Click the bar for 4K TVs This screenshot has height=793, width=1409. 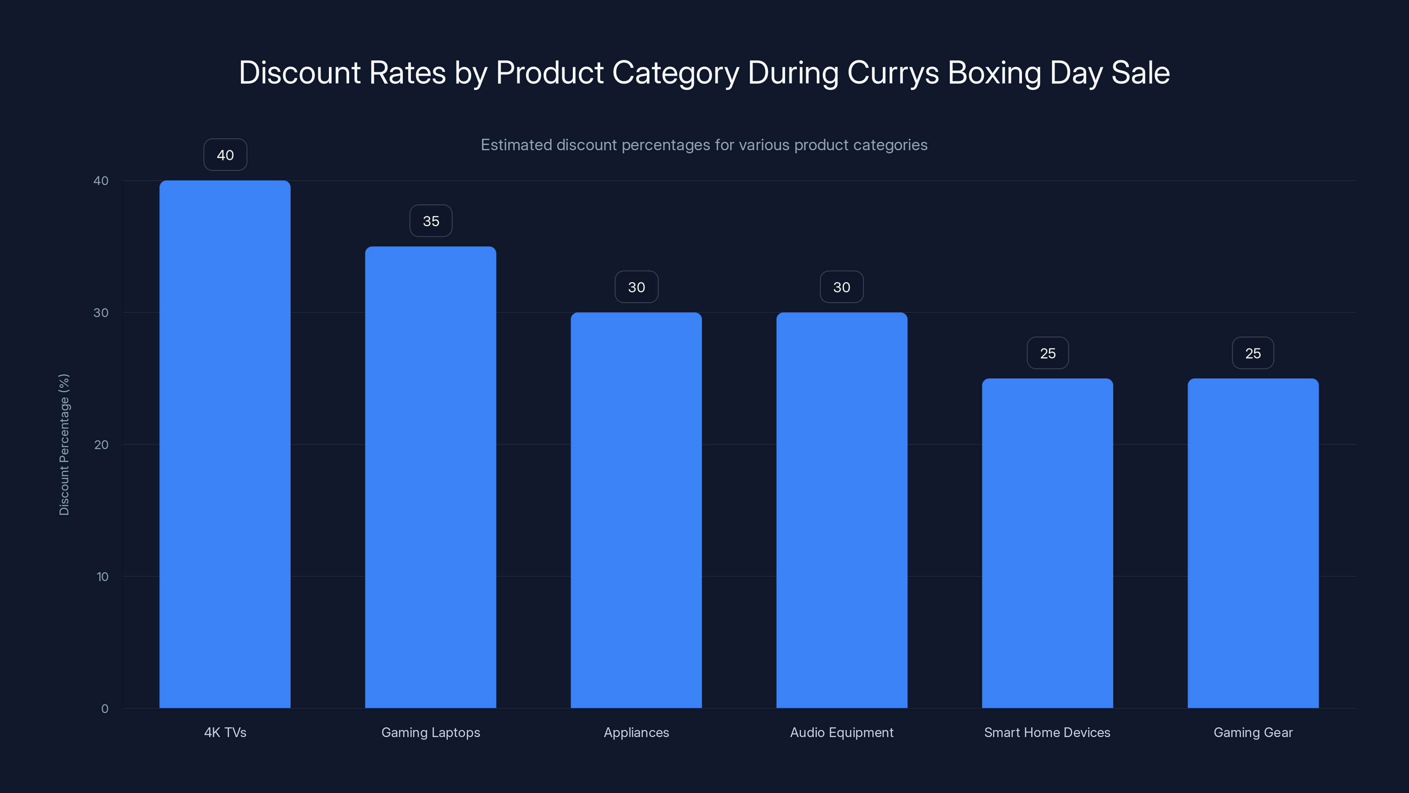click(x=225, y=444)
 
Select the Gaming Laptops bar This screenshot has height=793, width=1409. click(x=431, y=477)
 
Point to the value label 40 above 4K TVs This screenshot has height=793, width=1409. click(x=225, y=155)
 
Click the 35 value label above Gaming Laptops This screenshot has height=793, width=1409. click(x=431, y=221)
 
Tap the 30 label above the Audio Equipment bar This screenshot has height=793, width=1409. click(x=842, y=287)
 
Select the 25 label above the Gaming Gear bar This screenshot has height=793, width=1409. click(x=1253, y=353)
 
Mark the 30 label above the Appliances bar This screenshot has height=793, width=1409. click(x=636, y=287)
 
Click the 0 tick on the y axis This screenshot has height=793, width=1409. click(x=104, y=709)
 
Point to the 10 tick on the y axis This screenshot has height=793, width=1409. click(x=102, y=577)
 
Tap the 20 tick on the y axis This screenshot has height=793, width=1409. click(x=101, y=445)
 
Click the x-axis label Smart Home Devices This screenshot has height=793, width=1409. click(x=1047, y=732)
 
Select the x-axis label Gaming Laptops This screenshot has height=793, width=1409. click(x=431, y=732)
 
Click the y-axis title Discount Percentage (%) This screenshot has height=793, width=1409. click(x=64, y=445)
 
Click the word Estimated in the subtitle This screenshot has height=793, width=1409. click(x=516, y=145)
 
